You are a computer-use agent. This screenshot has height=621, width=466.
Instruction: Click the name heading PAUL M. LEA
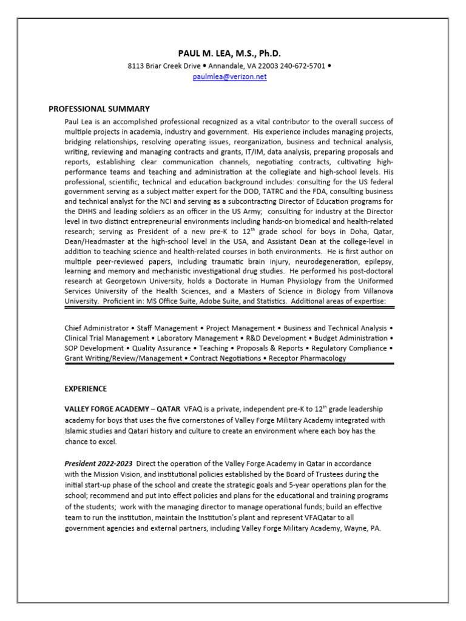coord(230,53)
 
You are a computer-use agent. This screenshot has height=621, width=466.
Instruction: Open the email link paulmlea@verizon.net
coord(229,77)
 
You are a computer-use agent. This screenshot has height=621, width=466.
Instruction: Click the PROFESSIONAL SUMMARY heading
coord(99,109)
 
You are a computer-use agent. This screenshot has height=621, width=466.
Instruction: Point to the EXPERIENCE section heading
coord(86,389)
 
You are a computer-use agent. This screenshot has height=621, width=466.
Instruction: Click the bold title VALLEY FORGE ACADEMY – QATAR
coord(122,409)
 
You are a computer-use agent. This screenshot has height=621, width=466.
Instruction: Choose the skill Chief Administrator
coord(96,328)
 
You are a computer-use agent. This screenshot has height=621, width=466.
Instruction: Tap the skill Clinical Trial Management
coord(106,338)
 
